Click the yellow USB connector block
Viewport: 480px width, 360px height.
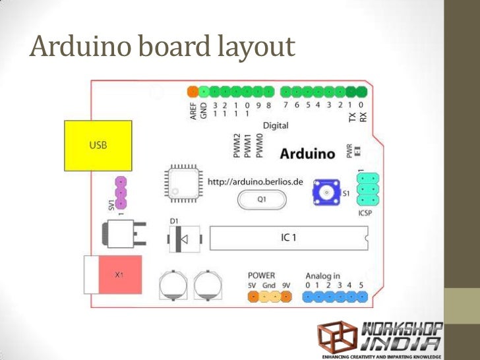(x=98, y=145)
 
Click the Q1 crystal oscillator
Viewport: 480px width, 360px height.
(x=262, y=198)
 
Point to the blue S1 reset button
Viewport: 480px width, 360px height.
(x=326, y=192)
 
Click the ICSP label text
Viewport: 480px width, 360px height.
(x=367, y=213)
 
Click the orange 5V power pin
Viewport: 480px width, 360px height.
(x=253, y=297)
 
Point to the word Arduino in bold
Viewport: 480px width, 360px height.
(x=309, y=154)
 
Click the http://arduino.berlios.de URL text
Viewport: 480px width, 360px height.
(x=255, y=181)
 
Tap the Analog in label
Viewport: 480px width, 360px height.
(x=323, y=275)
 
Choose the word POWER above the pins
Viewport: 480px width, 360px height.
(x=262, y=275)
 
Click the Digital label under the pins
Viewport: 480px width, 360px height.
(x=276, y=125)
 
